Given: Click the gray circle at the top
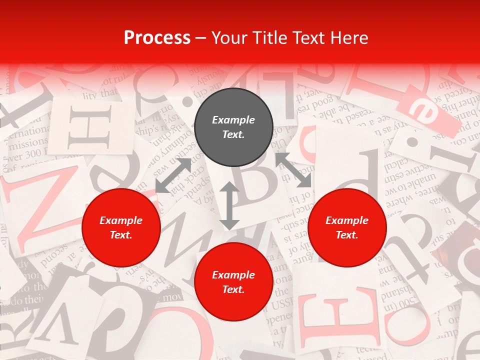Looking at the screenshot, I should pos(233,127).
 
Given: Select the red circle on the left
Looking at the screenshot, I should pos(121,228).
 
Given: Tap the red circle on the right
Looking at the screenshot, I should pos(347,228).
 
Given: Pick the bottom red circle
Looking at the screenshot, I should pos(233,282).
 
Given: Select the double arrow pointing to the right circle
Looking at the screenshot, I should pos(293,170).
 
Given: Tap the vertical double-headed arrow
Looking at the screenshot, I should pos(229,205).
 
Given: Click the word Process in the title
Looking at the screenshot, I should pos(157,37).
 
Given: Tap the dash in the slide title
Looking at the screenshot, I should pos(201,37).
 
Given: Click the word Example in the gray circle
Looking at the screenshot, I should pos(233,120).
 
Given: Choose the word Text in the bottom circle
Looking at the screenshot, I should pos(233,289).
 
